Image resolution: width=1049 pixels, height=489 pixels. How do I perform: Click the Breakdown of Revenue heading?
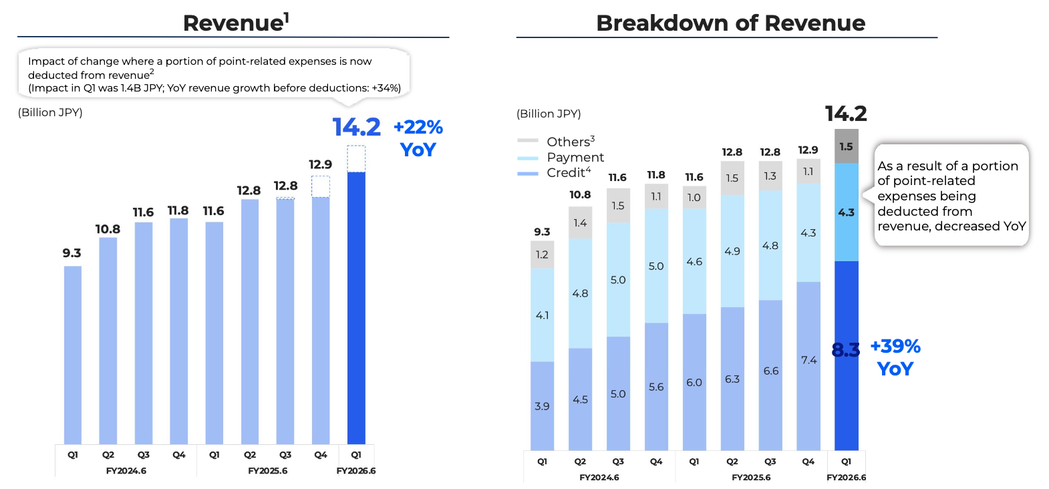coord(730,23)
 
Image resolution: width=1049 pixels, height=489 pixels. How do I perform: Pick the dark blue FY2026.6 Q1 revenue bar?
coord(356,307)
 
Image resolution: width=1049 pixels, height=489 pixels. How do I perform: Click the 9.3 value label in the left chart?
coord(71,253)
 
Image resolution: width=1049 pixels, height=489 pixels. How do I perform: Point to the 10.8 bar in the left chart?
coord(108,341)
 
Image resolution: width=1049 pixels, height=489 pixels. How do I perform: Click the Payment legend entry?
coord(575,157)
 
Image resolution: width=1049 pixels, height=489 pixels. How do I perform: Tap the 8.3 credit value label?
coord(845,350)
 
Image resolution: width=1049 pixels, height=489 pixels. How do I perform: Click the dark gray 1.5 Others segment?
coord(847,146)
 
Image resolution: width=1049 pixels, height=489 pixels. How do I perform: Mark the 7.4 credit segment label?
coord(808,360)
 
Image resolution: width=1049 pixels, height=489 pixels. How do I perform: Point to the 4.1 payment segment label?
coord(542,315)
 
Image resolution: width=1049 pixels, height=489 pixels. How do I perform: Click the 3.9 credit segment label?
coord(542,406)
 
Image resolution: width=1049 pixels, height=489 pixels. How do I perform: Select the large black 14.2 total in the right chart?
coord(846,114)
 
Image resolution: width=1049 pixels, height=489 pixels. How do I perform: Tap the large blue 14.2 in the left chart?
coord(356,127)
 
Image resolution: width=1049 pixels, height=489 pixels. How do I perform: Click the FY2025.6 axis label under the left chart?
coord(267,471)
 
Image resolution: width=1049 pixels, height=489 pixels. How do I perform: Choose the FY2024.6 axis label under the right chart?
coord(599,478)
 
